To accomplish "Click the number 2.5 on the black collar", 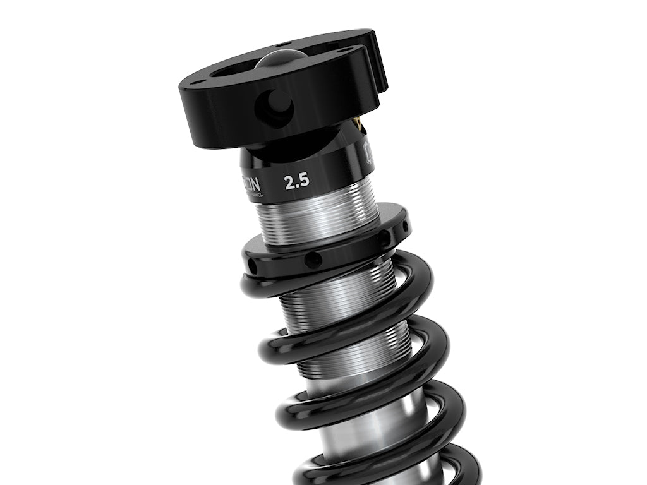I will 296,183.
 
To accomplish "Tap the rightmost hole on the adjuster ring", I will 401,225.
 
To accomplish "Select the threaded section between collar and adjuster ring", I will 316,218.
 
